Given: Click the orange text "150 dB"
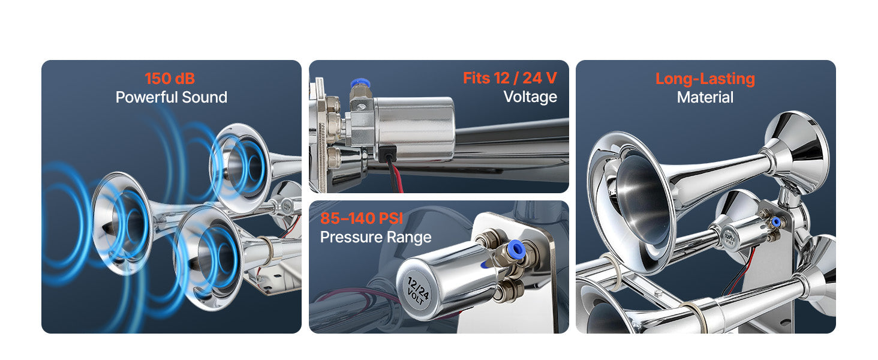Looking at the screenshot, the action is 170,79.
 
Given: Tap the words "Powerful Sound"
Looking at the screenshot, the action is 172,97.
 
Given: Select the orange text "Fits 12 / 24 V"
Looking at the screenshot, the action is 510,78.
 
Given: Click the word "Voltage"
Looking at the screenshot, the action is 530,97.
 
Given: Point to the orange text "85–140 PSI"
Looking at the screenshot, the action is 362,218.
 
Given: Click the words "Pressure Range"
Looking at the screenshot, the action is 375,237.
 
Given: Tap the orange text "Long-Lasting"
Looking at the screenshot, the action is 705,79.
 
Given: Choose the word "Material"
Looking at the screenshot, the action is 705,97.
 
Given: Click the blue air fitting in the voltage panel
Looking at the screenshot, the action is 360,83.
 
